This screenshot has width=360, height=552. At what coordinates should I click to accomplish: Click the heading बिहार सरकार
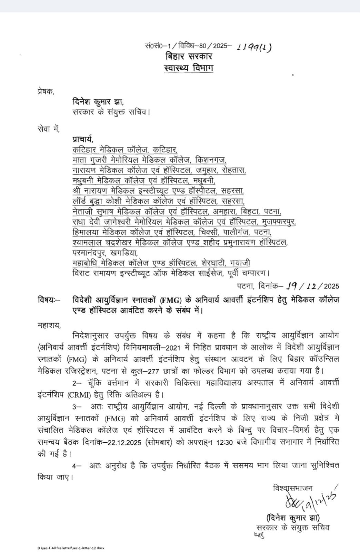189,56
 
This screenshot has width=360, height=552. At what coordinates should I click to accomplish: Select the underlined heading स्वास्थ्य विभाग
189,68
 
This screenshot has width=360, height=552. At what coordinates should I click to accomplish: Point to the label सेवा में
49,129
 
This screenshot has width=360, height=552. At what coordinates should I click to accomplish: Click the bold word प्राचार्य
83,139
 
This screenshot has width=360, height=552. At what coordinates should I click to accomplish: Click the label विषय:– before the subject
49,300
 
